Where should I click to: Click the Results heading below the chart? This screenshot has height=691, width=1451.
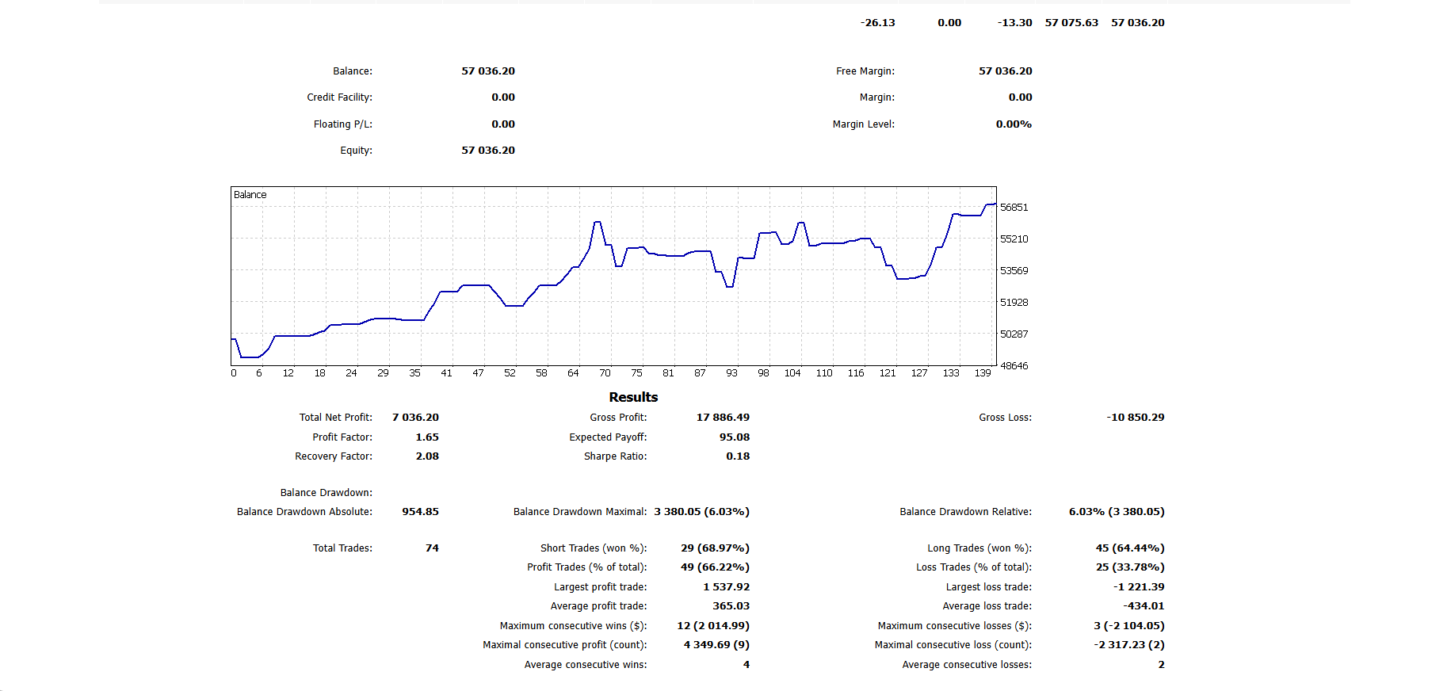click(x=633, y=397)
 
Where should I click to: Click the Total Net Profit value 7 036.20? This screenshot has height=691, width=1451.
click(x=415, y=418)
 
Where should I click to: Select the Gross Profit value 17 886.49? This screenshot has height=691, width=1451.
click(x=723, y=418)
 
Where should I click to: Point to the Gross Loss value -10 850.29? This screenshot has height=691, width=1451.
click(x=1135, y=418)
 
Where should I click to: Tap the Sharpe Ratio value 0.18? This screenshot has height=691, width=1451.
click(x=737, y=456)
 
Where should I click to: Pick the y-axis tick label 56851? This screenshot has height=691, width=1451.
click(x=1014, y=208)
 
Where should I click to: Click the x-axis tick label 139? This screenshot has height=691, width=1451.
click(x=983, y=373)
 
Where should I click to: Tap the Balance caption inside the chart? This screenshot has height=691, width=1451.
click(x=250, y=195)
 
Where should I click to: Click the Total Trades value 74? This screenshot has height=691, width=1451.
click(x=432, y=548)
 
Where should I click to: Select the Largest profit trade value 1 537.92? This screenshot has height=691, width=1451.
click(x=726, y=587)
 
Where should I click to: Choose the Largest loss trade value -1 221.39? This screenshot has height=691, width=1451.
click(x=1139, y=587)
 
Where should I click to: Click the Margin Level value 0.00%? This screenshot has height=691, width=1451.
click(x=1014, y=124)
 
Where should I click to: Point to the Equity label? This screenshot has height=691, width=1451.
click(x=356, y=151)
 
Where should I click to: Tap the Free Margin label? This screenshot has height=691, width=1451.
click(x=865, y=71)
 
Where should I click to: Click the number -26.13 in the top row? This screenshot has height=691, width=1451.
click(x=877, y=23)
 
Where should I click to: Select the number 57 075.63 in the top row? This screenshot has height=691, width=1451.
click(x=1071, y=23)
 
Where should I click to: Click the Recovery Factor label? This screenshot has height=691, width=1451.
click(x=333, y=456)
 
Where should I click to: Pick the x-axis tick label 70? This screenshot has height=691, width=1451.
click(x=605, y=373)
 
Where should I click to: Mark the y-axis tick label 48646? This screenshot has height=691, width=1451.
click(x=1014, y=366)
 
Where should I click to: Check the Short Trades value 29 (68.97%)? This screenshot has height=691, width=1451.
click(x=715, y=548)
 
